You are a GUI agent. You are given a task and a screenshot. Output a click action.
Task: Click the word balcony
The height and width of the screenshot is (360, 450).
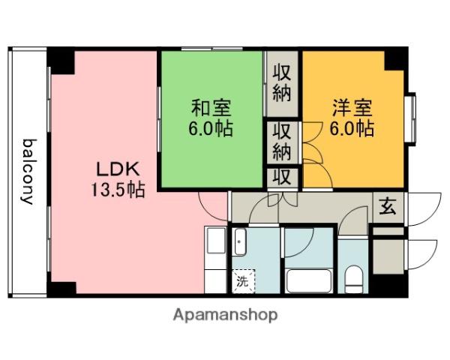[28, 171]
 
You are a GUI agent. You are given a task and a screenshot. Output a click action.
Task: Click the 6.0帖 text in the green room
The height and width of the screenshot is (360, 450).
[210, 127]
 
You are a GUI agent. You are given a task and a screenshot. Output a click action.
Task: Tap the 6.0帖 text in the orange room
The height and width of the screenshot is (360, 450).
[352, 127]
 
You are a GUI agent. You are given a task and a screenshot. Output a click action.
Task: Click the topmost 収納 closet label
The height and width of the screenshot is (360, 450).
[282, 83]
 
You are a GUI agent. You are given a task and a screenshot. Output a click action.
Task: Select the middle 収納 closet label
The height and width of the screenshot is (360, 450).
[282, 140]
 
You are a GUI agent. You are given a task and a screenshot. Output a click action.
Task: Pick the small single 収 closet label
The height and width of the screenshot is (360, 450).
[282, 178]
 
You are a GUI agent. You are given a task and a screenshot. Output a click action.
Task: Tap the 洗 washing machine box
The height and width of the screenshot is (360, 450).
[243, 282]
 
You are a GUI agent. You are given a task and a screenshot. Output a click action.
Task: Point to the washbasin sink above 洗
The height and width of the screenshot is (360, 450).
[240, 243]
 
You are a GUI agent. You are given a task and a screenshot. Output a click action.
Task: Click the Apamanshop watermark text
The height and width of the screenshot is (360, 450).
[226, 314]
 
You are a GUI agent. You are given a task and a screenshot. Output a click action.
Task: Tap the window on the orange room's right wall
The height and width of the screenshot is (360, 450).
[410, 118]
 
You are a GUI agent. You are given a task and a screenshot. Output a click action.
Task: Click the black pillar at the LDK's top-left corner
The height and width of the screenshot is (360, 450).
[61, 60]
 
